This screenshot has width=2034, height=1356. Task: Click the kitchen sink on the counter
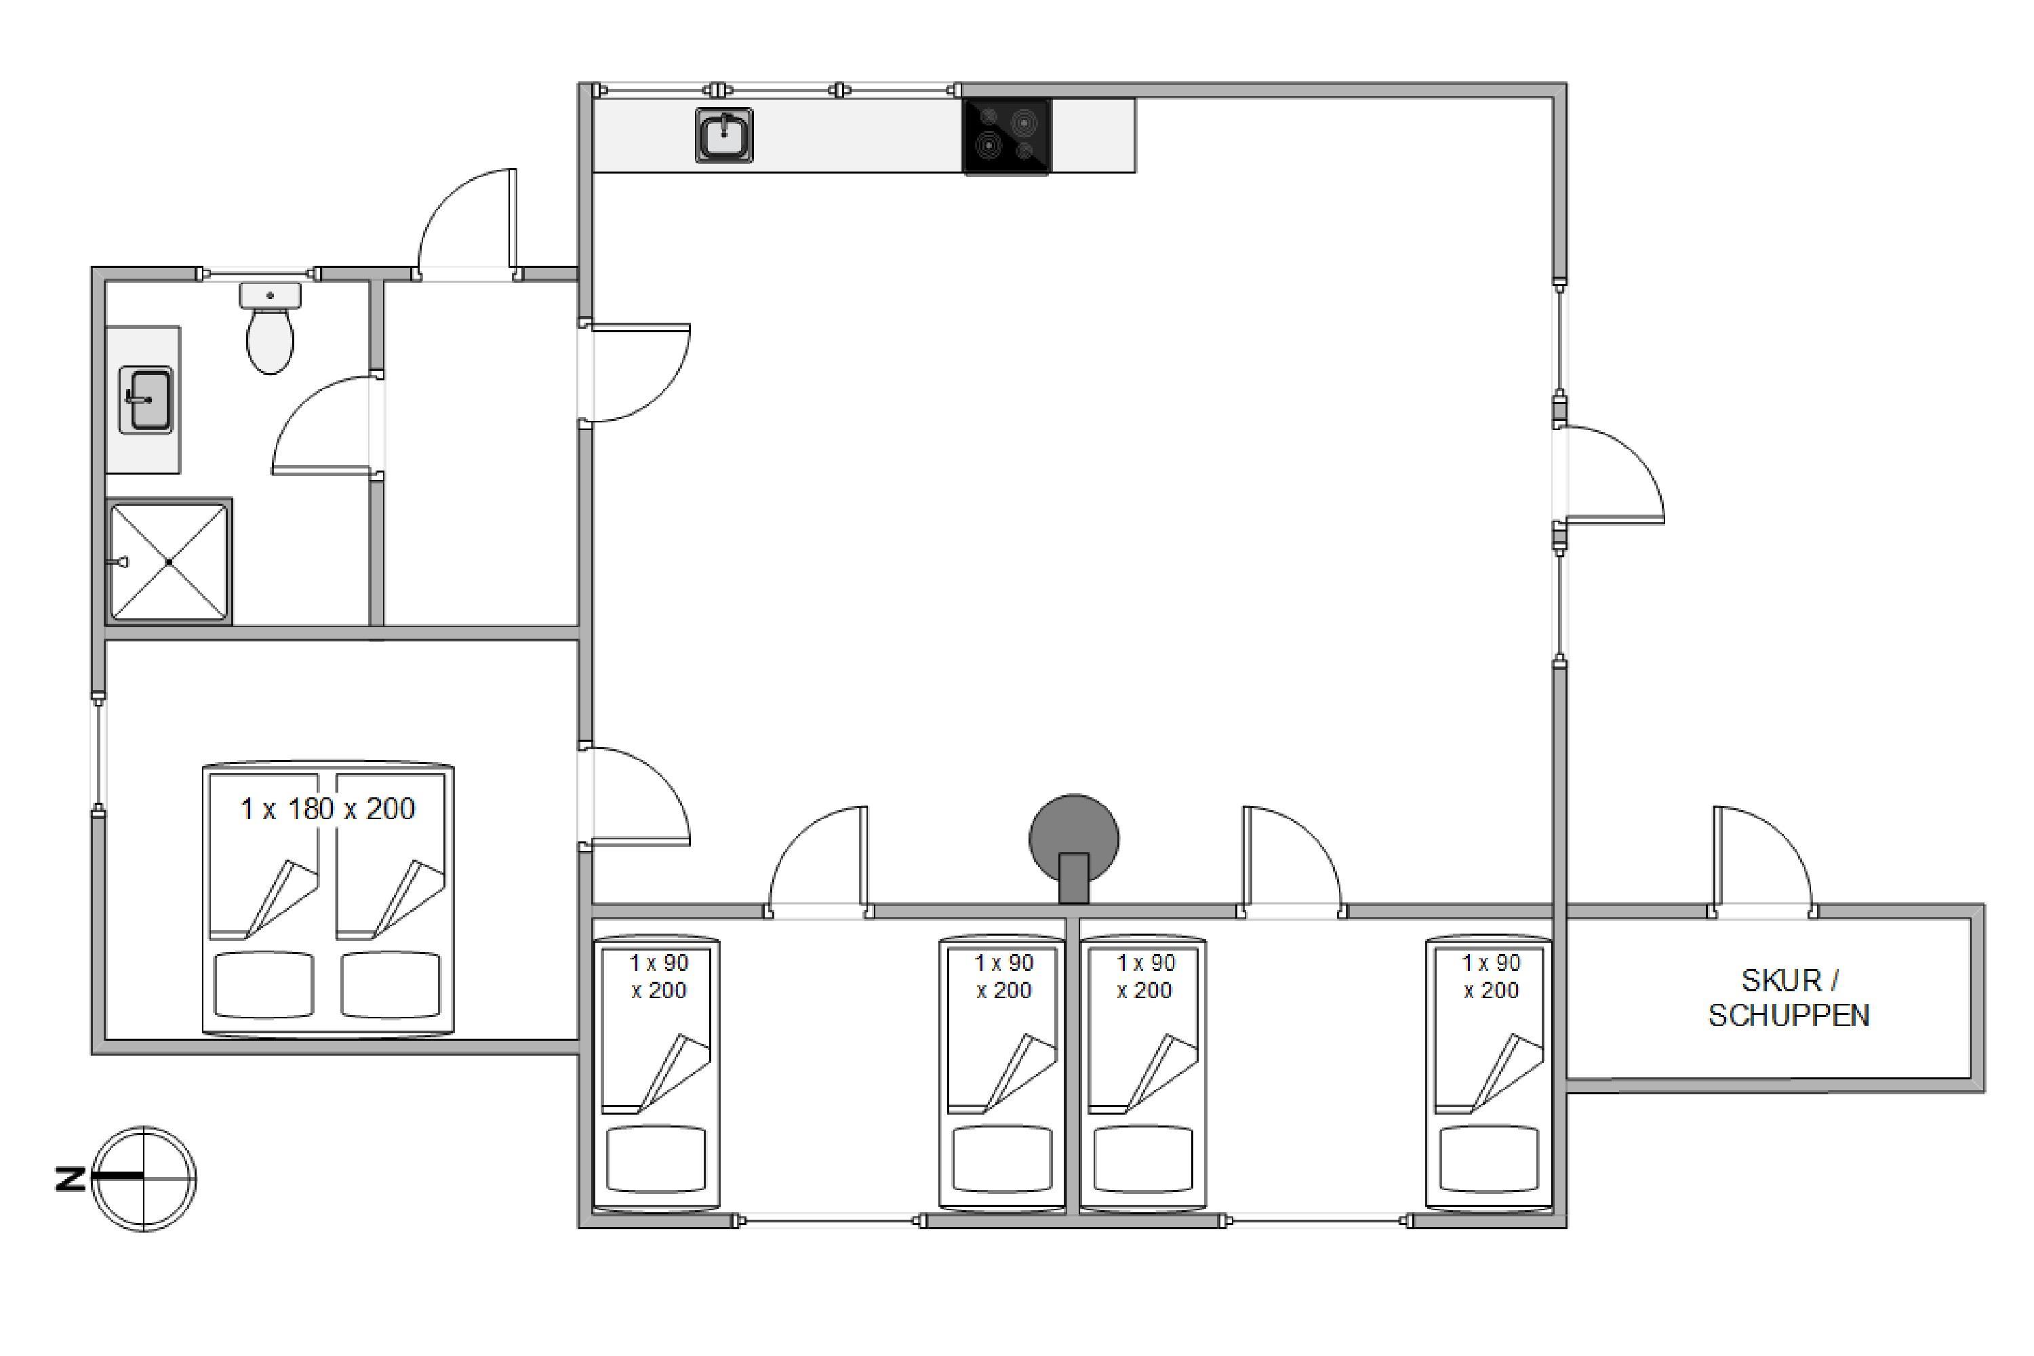point(724,135)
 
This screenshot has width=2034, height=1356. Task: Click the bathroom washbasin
point(145,399)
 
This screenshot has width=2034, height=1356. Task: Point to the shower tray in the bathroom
point(169,562)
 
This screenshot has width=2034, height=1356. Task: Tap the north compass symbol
point(144,1179)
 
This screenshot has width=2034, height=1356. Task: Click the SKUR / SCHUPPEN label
point(1789,997)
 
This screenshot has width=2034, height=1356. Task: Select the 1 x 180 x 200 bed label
point(327,809)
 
